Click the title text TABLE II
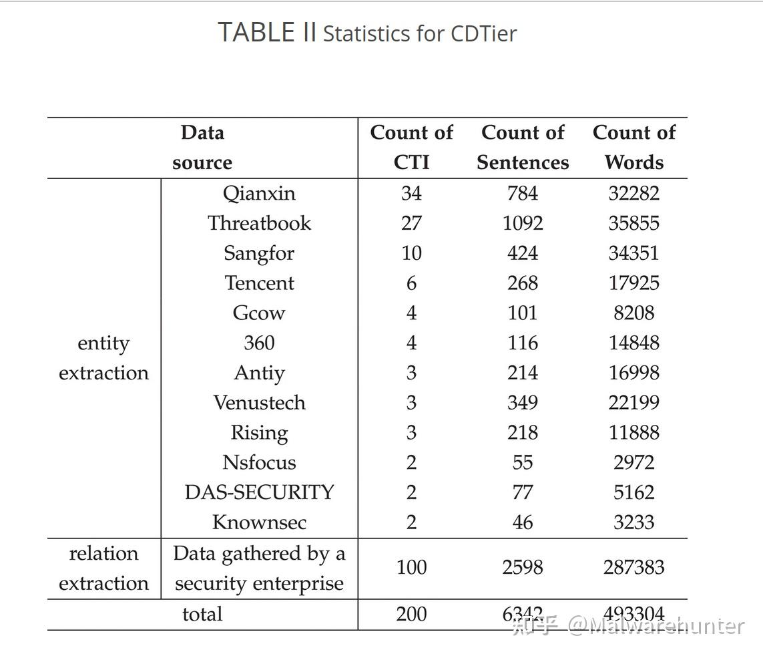pyautogui.click(x=267, y=32)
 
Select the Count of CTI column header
pyautogui.click(x=411, y=147)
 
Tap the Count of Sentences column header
pyautogui.click(x=523, y=147)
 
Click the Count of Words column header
pyautogui.click(x=633, y=147)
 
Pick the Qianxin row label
pyautogui.click(x=259, y=194)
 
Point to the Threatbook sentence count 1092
pyautogui.click(x=523, y=223)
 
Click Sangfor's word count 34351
pyautogui.click(x=633, y=253)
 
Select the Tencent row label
pyautogui.click(x=259, y=283)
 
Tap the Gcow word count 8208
pyautogui.click(x=633, y=313)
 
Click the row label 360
pyautogui.click(x=259, y=343)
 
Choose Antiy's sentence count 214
pyautogui.click(x=523, y=373)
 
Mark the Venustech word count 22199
pyautogui.click(x=633, y=403)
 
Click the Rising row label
pyautogui.click(x=259, y=433)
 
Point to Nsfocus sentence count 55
pyautogui.click(x=523, y=462)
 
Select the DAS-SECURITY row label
pyautogui.click(x=259, y=492)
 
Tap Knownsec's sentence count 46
pyautogui.click(x=523, y=522)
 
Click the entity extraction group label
pyautogui.click(x=103, y=358)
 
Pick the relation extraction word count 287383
pyautogui.click(x=633, y=568)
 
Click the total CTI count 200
pyautogui.click(x=411, y=614)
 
